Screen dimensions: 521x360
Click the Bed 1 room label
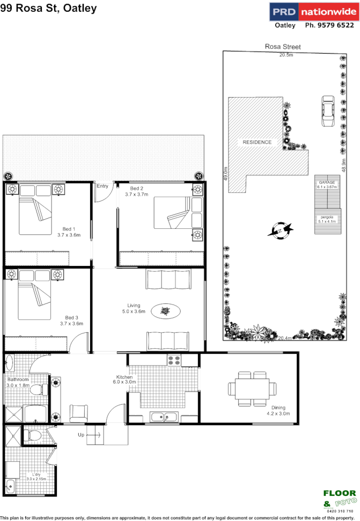(69, 229)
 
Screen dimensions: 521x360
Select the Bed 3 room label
(71, 318)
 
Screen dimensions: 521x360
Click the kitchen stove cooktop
(175, 360)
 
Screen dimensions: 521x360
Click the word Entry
(102, 186)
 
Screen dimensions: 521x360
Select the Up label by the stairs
(81, 435)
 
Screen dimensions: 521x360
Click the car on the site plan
(327, 111)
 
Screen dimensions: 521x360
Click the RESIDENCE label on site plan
(257, 142)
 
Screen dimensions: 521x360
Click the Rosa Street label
(283, 47)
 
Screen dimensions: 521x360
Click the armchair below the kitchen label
(79, 413)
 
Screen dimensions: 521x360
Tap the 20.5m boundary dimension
(286, 55)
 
